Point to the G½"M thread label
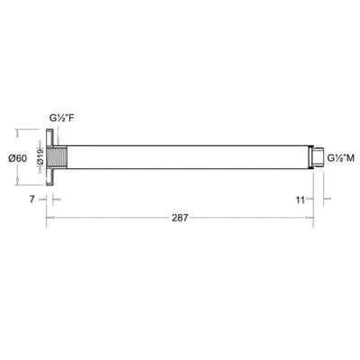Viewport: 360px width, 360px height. click(340, 158)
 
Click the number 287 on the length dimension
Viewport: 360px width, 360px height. click(181, 218)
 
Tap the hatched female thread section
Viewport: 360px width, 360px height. click(60, 158)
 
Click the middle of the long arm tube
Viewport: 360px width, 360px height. click(180, 158)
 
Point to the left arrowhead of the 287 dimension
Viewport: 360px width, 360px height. click(50, 218)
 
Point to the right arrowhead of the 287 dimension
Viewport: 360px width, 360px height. click(311, 218)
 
